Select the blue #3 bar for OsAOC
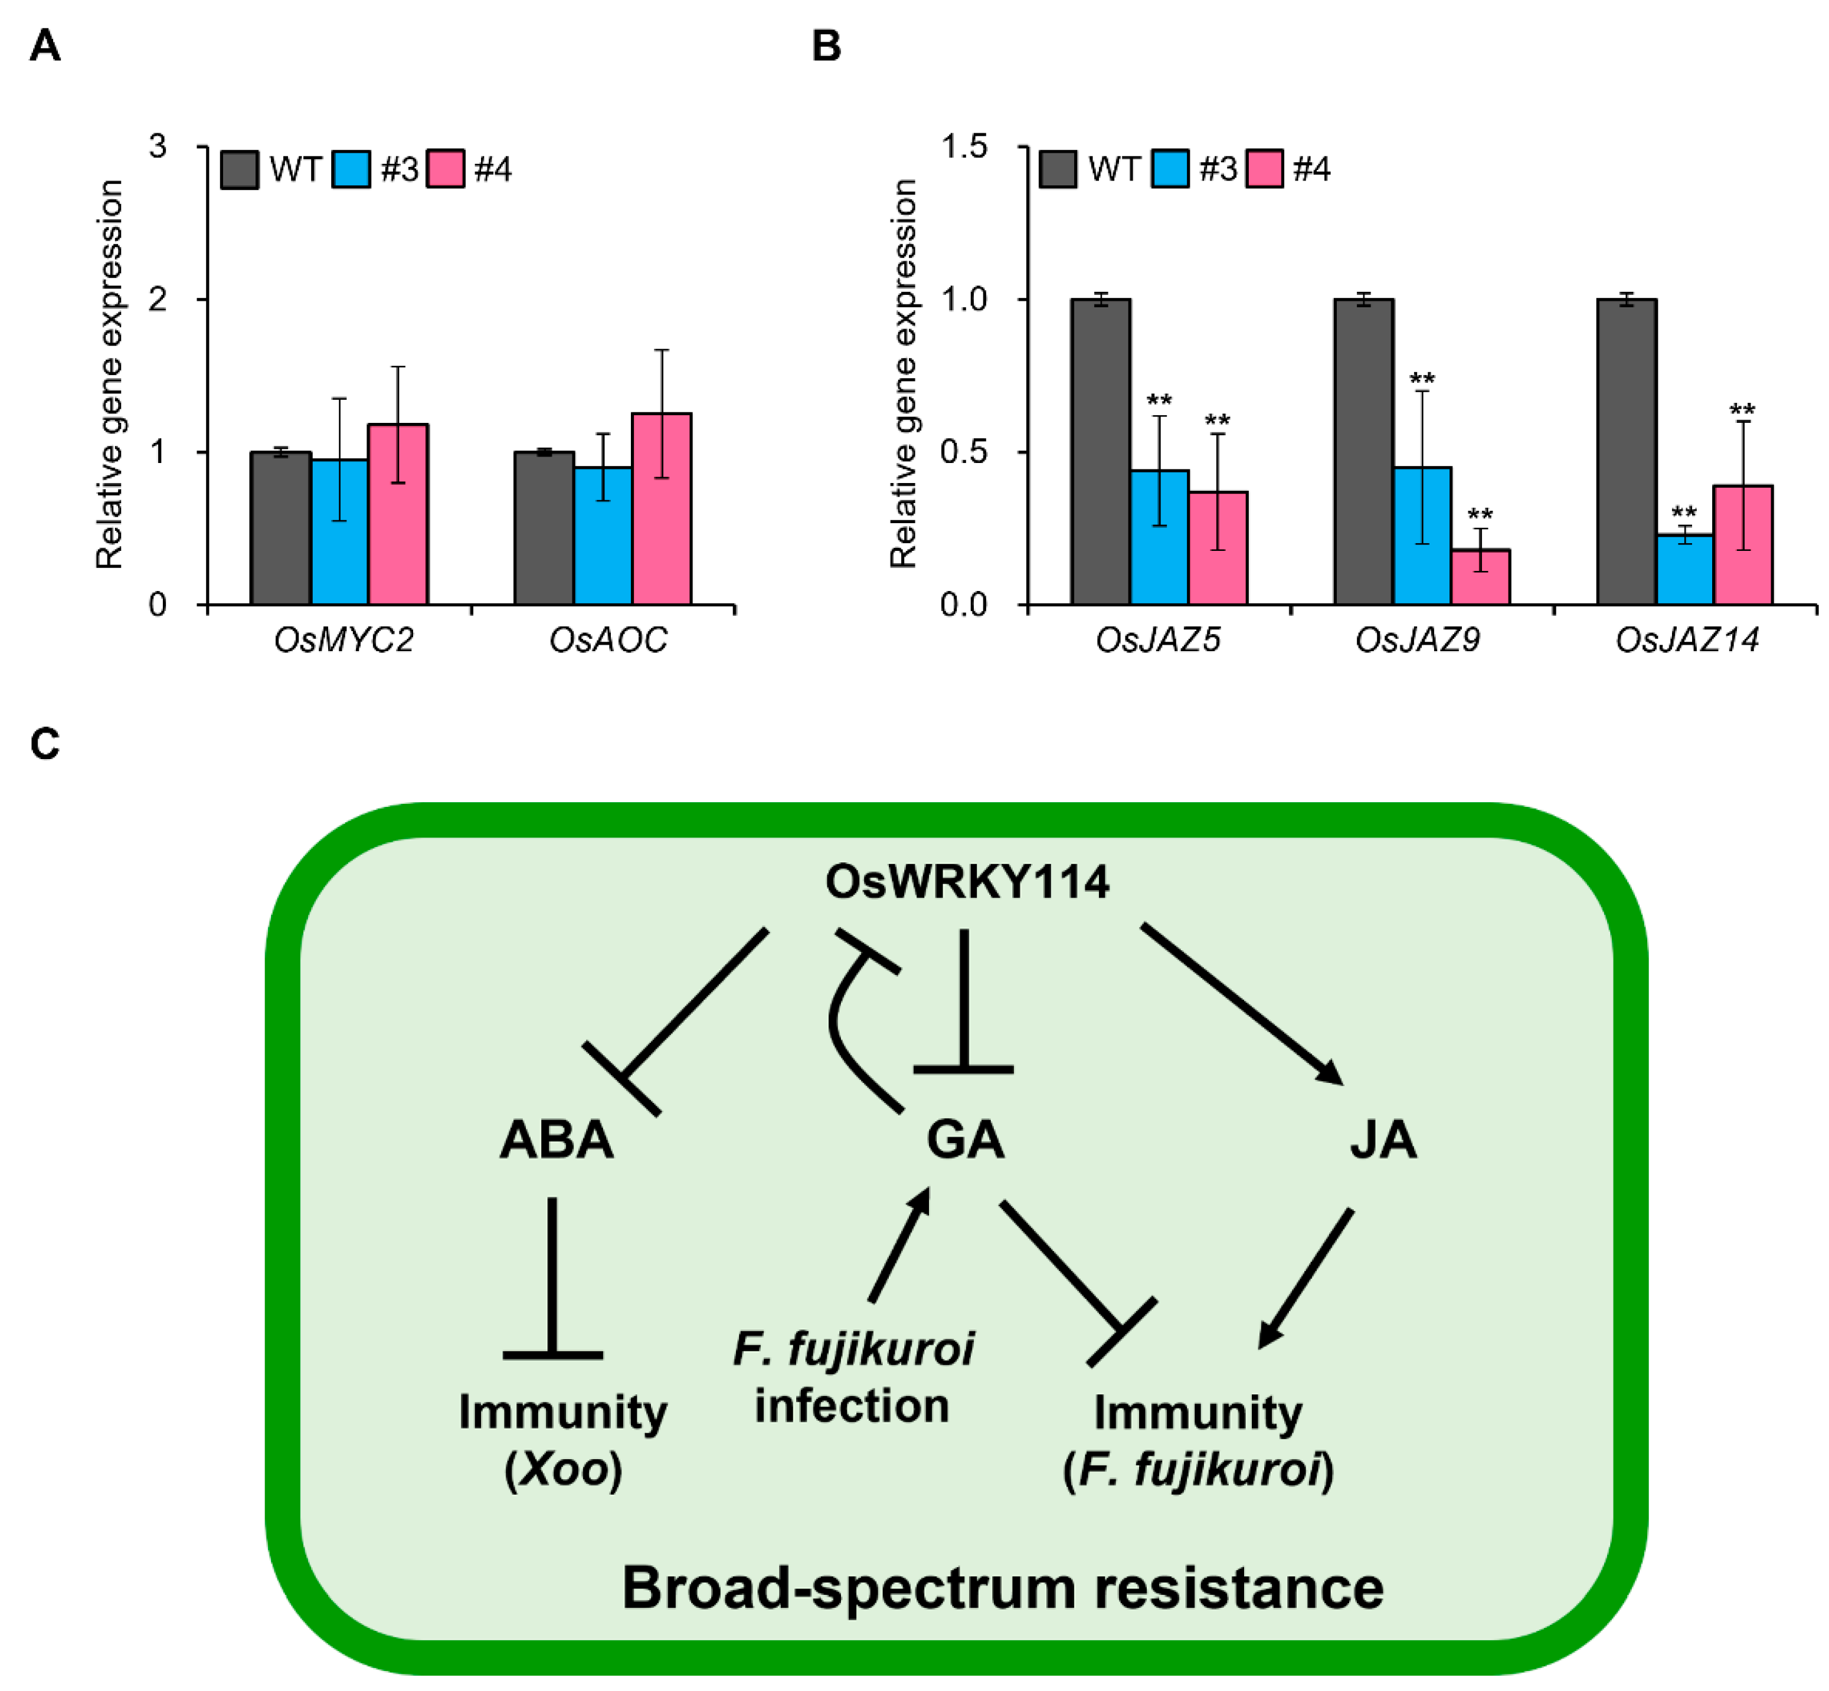click(603, 536)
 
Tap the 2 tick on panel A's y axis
click(158, 299)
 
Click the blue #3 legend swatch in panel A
click(351, 169)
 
